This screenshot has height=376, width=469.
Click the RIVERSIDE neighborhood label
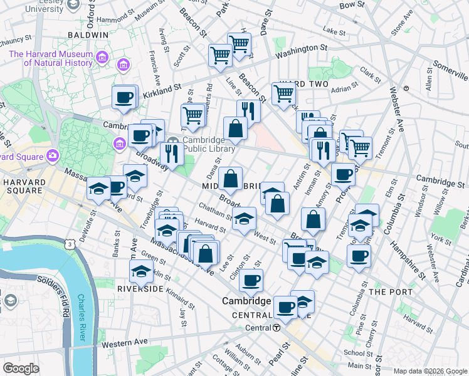(140, 288)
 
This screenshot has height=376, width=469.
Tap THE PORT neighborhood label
(391, 292)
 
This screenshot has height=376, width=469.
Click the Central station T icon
(277, 328)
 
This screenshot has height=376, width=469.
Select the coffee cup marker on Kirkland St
(124, 97)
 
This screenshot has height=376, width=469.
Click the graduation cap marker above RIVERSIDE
(140, 271)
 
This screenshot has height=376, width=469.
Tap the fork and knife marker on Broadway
(171, 152)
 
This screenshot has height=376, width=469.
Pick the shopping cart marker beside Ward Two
(284, 93)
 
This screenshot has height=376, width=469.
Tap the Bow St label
(347, 5)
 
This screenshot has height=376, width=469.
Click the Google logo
(21, 368)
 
